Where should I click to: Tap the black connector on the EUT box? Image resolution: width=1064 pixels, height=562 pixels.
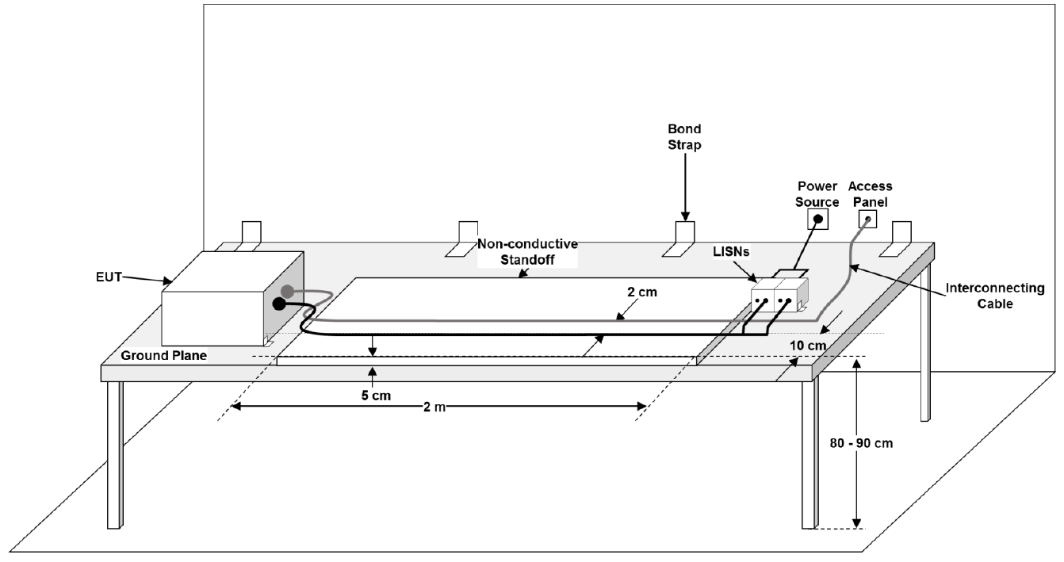coord(279,304)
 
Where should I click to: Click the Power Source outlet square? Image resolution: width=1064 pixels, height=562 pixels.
coord(817,217)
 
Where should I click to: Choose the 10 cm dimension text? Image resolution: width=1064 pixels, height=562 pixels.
coord(809,346)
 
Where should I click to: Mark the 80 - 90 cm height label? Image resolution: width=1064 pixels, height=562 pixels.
coord(862,443)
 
